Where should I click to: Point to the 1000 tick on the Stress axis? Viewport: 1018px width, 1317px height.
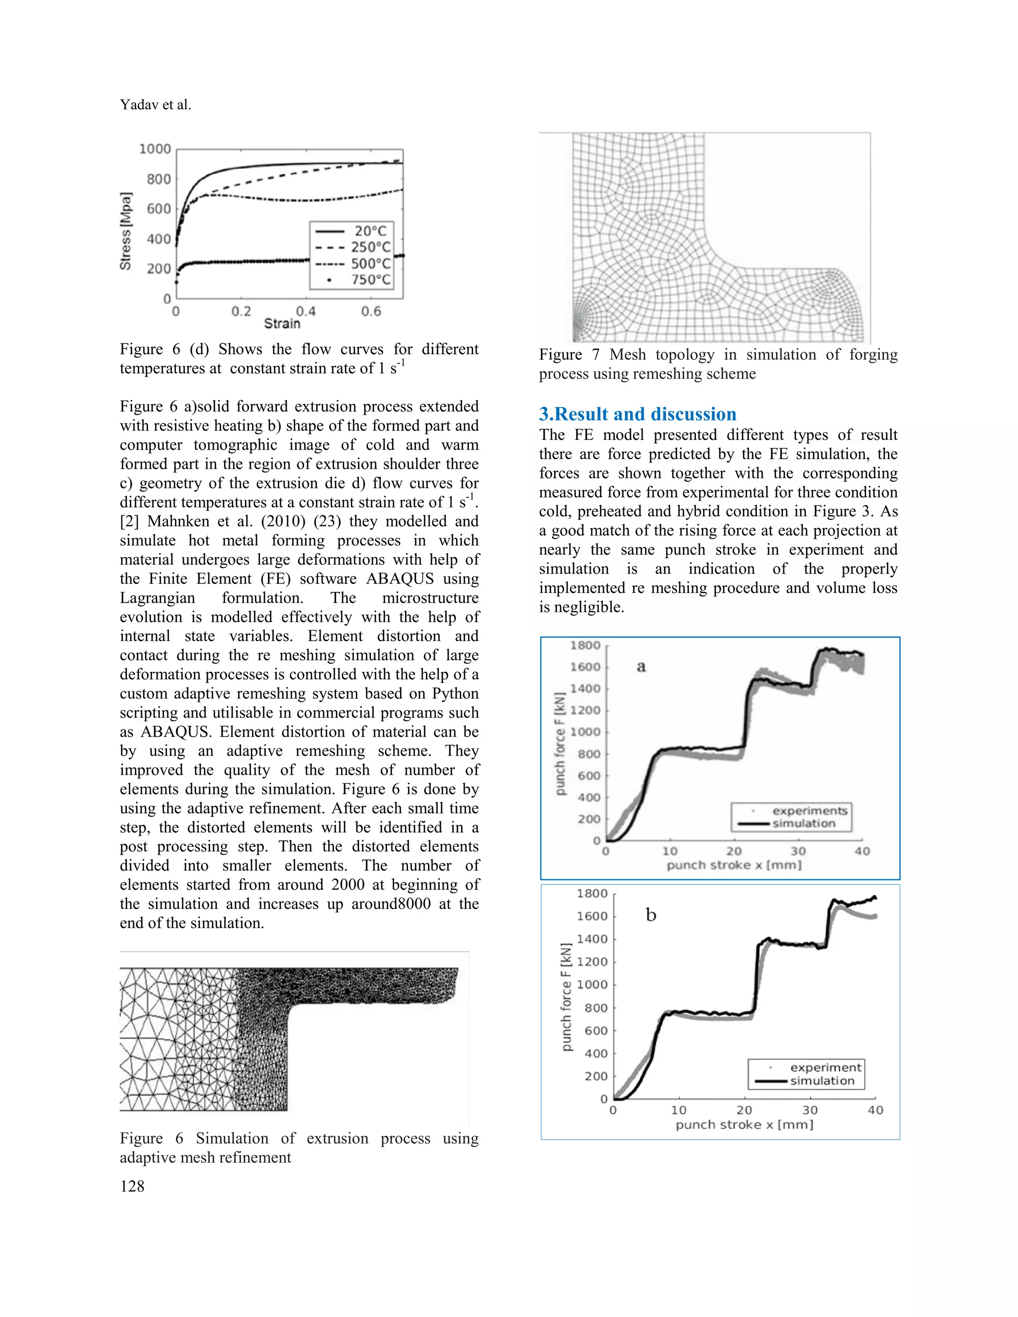[x=155, y=149]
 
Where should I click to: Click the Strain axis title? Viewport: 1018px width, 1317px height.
[x=282, y=324]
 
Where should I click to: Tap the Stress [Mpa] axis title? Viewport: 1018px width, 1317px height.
[x=125, y=232]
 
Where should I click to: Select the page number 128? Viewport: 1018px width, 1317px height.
[x=132, y=1186]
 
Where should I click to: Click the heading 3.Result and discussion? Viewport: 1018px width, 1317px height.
[x=637, y=414]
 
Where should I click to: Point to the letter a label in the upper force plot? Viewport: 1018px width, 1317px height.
[x=641, y=666]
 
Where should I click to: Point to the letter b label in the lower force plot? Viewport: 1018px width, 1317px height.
[x=651, y=915]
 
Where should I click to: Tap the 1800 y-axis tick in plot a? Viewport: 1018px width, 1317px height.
[x=585, y=645]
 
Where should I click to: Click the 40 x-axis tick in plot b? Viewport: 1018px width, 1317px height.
[x=875, y=1110]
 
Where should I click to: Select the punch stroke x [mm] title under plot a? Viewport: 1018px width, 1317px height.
[x=734, y=865]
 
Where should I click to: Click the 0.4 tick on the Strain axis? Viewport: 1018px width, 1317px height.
[x=306, y=311]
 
